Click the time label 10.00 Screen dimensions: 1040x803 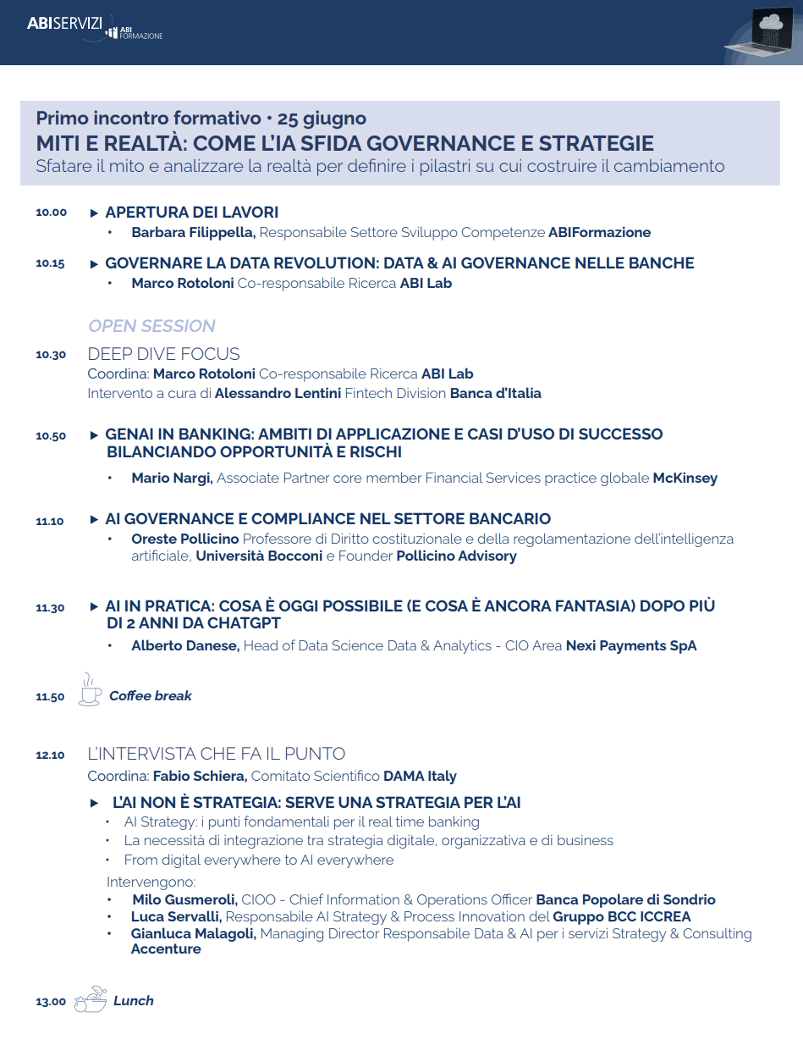51,212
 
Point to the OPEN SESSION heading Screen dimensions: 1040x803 151,326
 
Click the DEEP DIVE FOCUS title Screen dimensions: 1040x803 163,354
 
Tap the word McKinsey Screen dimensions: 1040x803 685,478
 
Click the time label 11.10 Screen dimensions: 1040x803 50,521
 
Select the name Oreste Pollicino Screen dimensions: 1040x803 185,539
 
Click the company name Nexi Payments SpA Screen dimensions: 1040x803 631,645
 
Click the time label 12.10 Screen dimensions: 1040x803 50,755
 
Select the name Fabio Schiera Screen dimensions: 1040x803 200,776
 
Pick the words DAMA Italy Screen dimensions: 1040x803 420,776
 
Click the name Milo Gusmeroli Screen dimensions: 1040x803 185,899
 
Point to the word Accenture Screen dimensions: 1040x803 166,949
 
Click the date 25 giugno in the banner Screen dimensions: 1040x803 322,118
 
